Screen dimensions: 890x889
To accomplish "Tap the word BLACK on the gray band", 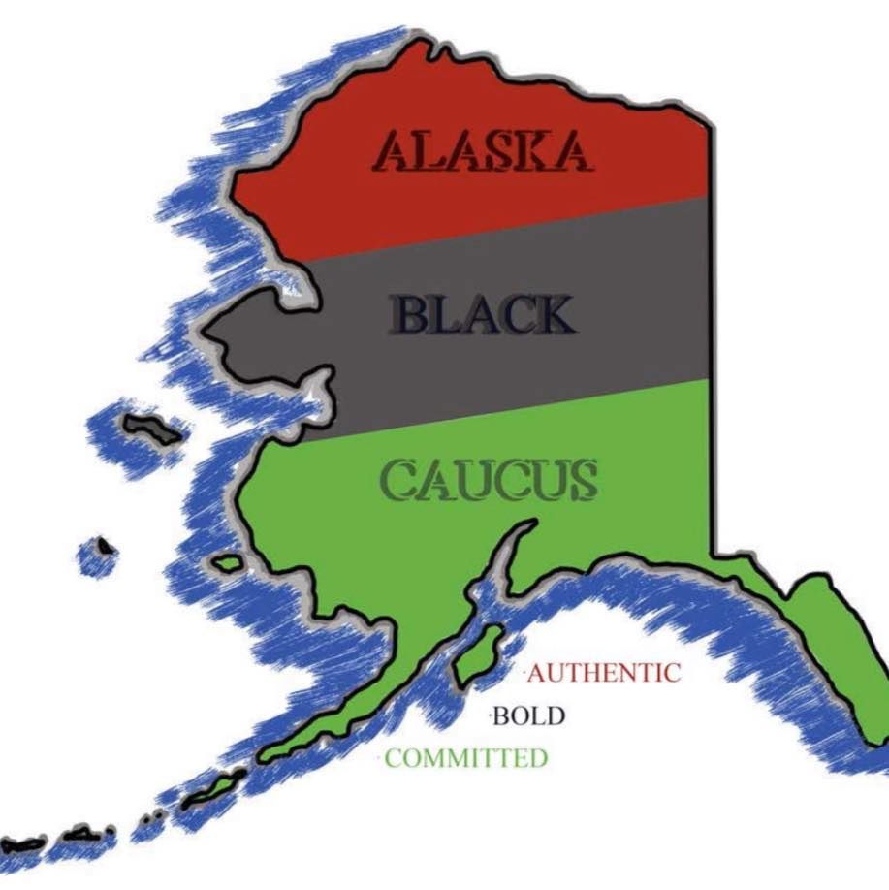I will pos(481,316).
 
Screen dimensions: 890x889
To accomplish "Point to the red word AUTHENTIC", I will pos(604,672).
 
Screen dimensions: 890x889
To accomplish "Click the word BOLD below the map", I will pos(528,716).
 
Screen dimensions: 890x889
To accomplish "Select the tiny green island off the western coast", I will pos(228,562).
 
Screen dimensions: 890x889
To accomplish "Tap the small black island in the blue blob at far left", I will pos(104,549).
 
